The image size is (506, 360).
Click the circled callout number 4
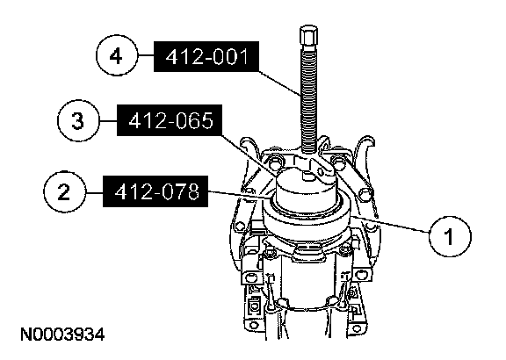pyautogui.click(x=117, y=55)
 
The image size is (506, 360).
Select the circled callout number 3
pyautogui.click(x=78, y=120)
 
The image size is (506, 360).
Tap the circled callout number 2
pyautogui.click(x=64, y=191)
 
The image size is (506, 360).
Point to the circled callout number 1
pyautogui.click(x=450, y=236)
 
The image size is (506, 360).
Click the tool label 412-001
pyautogui.click(x=206, y=56)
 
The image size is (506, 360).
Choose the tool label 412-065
pyautogui.click(x=170, y=120)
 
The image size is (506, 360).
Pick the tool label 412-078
pyautogui.click(x=155, y=191)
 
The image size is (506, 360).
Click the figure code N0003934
pyautogui.click(x=62, y=335)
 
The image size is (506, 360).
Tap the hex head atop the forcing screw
pyautogui.click(x=308, y=36)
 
